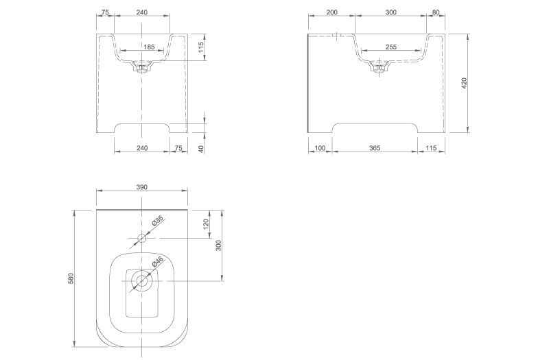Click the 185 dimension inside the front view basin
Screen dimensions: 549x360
pyautogui.click(x=149, y=47)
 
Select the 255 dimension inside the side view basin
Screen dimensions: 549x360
pyautogui.click(x=390, y=47)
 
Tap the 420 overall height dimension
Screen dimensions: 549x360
pyautogui.click(x=465, y=83)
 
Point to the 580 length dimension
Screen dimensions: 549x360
pyautogui.click(x=71, y=278)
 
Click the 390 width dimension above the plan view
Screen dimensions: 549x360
pyautogui.click(x=141, y=187)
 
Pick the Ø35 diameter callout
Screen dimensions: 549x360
pyautogui.click(x=158, y=221)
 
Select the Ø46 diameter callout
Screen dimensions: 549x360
pyautogui.click(x=158, y=262)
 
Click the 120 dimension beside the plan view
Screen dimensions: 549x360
pyautogui.click(x=206, y=224)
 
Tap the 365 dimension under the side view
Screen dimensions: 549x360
pyautogui.click(x=375, y=148)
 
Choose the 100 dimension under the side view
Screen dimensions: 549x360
pyautogui.click(x=320, y=148)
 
